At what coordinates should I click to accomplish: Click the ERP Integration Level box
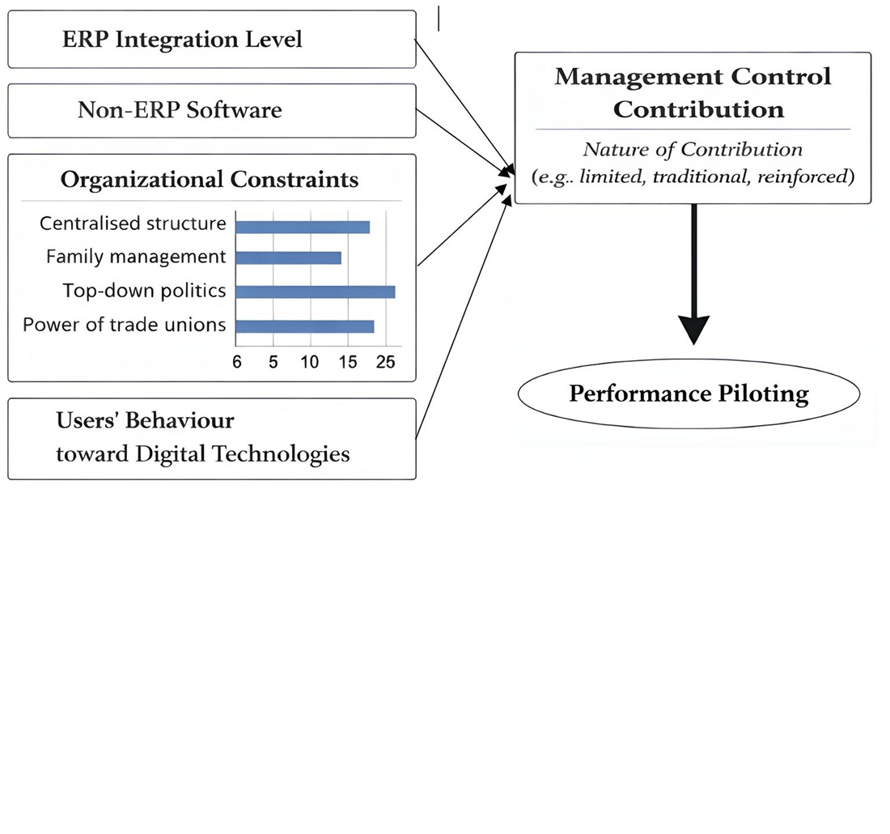(x=211, y=39)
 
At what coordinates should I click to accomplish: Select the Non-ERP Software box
(x=211, y=110)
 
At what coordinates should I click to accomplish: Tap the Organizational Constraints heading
(x=209, y=179)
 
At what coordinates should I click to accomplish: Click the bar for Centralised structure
(x=303, y=227)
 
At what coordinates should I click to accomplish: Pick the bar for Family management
(x=288, y=258)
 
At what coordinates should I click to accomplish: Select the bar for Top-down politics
(x=315, y=291)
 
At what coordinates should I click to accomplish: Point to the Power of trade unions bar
(x=304, y=326)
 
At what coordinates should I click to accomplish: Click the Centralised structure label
(x=133, y=223)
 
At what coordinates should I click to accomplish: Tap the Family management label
(x=136, y=257)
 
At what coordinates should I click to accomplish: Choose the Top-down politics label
(x=144, y=291)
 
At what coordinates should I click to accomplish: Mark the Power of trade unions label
(x=124, y=325)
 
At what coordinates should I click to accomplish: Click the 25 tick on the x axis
(x=385, y=362)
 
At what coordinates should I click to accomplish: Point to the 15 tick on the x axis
(x=347, y=362)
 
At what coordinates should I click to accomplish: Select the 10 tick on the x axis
(x=310, y=362)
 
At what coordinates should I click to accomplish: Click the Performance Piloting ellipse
(x=689, y=394)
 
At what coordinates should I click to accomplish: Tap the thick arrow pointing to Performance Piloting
(x=693, y=275)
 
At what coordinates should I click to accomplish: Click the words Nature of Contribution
(x=693, y=150)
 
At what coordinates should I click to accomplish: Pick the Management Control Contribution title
(x=693, y=92)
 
